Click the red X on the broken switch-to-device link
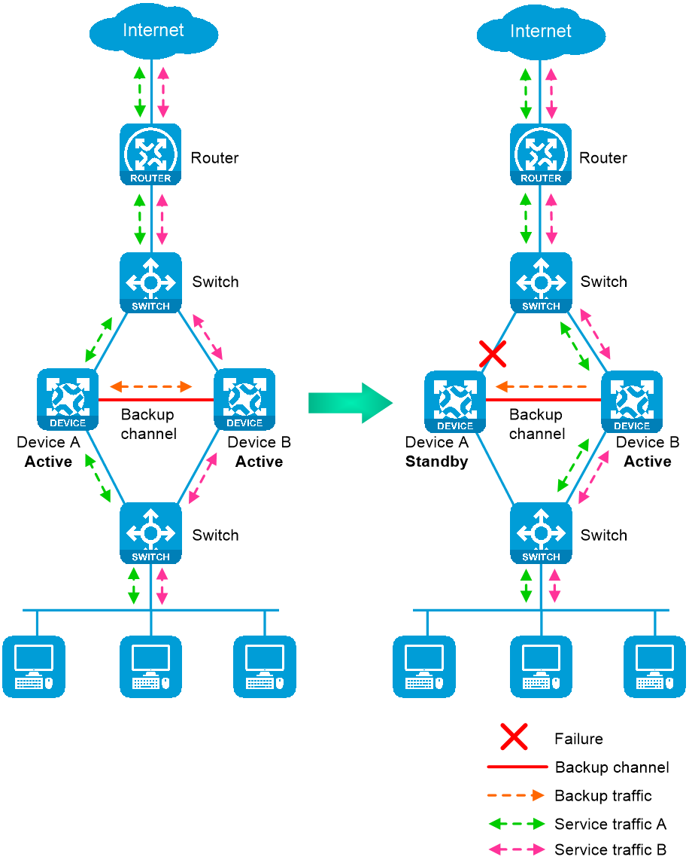coord(493,352)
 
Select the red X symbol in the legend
coord(514,737)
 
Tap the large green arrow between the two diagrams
coord(351,403)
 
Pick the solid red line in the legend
coord(518,767)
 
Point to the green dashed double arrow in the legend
coord(517,823)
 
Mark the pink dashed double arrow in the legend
coord(517,849)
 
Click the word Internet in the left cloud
coord(153,30)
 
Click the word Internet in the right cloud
coord(541,31)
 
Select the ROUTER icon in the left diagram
coord(150,154)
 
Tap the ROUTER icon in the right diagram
coord(541,154)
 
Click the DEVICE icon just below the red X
coord(455,401)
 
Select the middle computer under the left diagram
coord(150,666)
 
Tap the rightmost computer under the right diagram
coord(654,666)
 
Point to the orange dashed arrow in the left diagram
coord(151,387)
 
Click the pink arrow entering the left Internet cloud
coord(162,94)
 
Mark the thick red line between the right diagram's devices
coord(543,406)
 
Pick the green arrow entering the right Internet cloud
coord(525,95)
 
